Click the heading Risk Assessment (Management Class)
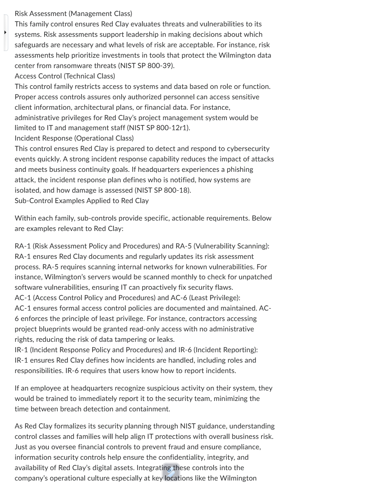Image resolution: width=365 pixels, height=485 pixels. pyautogui.click(x=73, y=14)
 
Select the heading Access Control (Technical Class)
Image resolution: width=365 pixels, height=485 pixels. pyautogui.click(x=65, y=76)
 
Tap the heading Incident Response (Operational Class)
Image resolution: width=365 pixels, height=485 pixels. pyautogui.click(x=74, y=138)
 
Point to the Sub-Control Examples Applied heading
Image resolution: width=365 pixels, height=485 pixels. pyautogui.click(x=81, y=201)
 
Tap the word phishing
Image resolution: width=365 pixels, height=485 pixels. pyautogui.click(x=240, y=170)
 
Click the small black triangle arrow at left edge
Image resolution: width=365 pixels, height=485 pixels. pyautogui.click(x=5, y=32)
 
